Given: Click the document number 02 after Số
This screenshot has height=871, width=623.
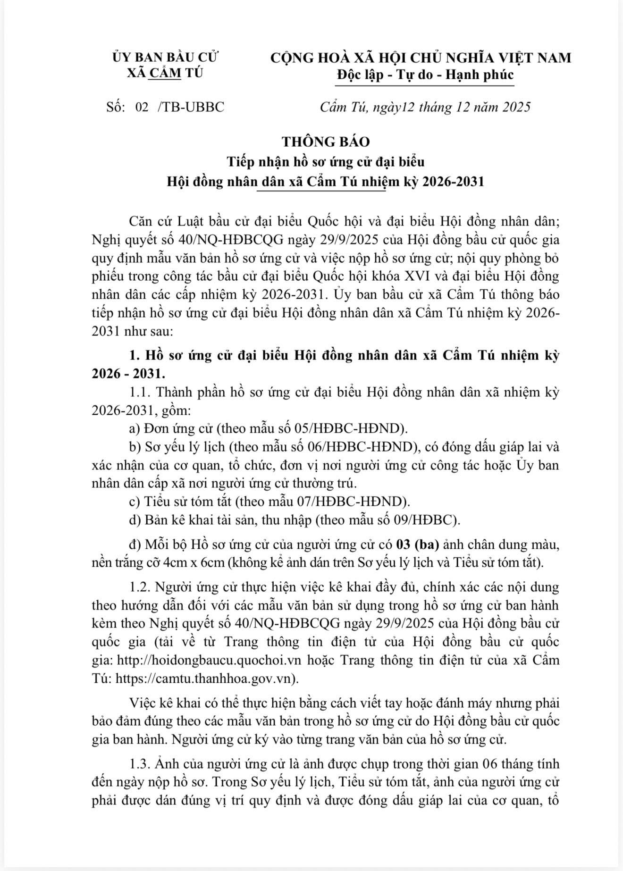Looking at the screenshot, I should tap(142, 107).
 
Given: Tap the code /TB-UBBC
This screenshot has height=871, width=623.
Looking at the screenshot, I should tap(191, 107).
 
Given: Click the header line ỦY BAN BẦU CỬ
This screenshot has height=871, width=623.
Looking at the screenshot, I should tap(166, 58).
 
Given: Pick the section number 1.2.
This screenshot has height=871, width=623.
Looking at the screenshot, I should tap(141, 587).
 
